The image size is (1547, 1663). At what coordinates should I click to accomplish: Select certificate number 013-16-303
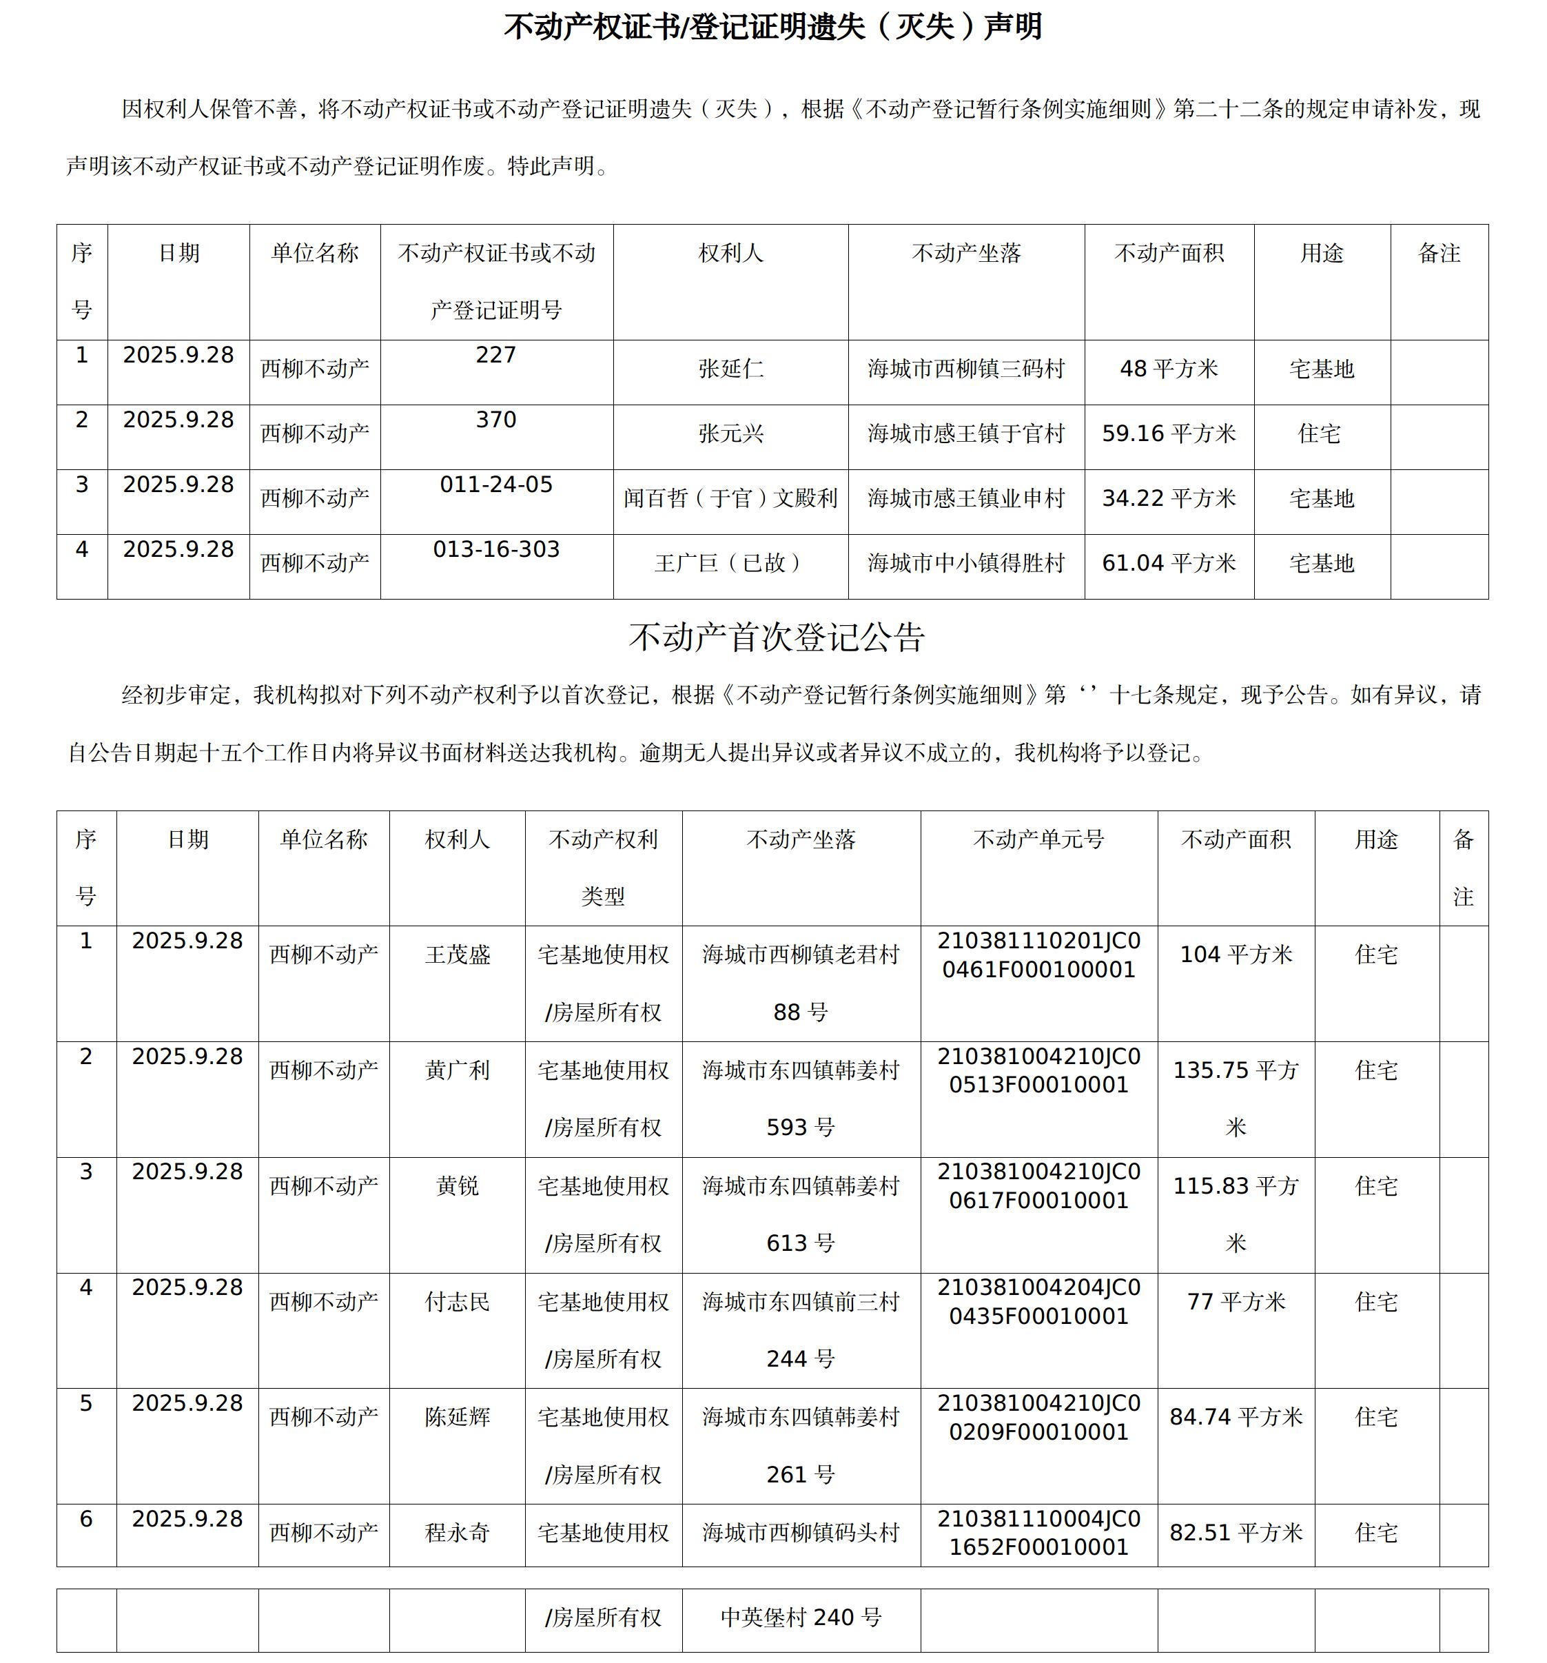pyautogui.click(x=496, y=549)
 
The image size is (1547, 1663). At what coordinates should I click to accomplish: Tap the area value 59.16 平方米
pyautogui.click(x=1168, y=433)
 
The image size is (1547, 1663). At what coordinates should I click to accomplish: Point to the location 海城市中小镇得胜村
pyautogui.click(x=966, y=563)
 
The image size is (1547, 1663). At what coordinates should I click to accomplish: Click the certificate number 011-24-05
pyautogui.click(x=496, y=485)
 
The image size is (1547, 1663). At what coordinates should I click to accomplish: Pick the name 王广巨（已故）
pyautogui.click(x=730, y=563)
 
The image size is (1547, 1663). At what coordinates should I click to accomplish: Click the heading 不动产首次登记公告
pyautogui.click(x=776, y=637)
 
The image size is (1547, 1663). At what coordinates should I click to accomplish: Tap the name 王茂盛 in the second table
pyautogui.click(x=458, y=955)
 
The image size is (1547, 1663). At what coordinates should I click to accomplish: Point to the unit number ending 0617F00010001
pyautogui.click(x=1038, y=1201)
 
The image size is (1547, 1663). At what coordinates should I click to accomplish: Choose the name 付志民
pyautogui.click(x=458, y=1302)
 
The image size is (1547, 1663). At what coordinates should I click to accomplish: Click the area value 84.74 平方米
pyautogui.click(x=1235, y=1417)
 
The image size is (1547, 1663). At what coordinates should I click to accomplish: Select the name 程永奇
pyautogui.click(x=458, y=1533)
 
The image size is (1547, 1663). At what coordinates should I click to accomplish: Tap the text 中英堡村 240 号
pyautogui.click(x=800, y=1617)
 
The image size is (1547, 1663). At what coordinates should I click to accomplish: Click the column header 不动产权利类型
pyautogui.click(x=603, y=868)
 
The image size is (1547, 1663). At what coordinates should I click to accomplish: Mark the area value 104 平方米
pyautogui.click(x=1235, y=955)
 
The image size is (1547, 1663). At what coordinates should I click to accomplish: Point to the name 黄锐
pyautogui.click(x=458, y=1186)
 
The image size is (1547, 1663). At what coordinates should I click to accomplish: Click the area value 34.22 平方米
pyautogui.click(x=1168, y=498)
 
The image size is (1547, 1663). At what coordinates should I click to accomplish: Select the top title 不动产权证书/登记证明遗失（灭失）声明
pyautogui.click(x=772, y=28)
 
